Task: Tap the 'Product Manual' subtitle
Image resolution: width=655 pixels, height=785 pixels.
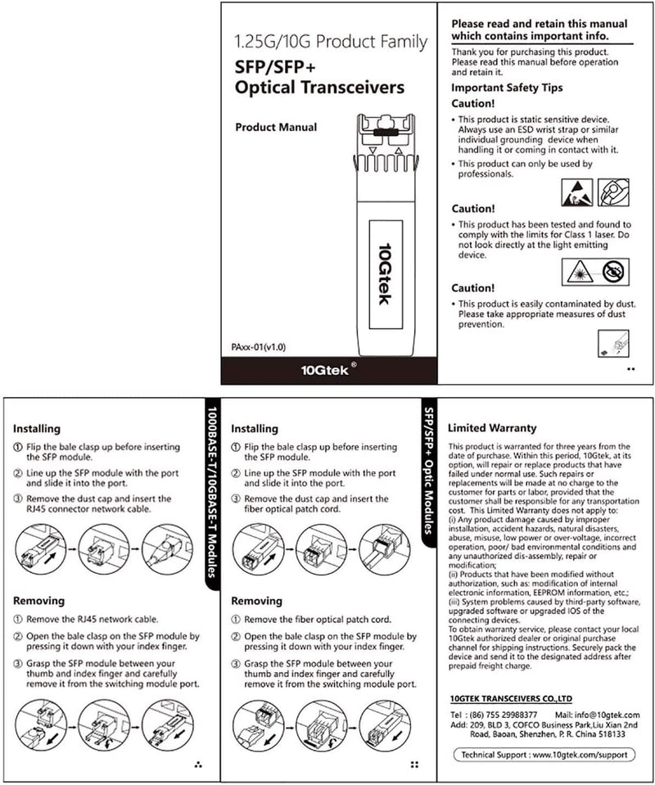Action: point(276,128)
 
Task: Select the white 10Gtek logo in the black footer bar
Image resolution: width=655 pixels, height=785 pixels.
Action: point(326,369)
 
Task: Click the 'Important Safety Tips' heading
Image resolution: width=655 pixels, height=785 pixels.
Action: point(507,88)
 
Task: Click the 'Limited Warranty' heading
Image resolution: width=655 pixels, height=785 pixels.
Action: point(492,428)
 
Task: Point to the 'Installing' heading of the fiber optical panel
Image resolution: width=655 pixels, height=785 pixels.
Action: point(255,428)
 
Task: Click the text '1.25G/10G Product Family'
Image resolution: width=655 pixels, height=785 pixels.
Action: point(330,41)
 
